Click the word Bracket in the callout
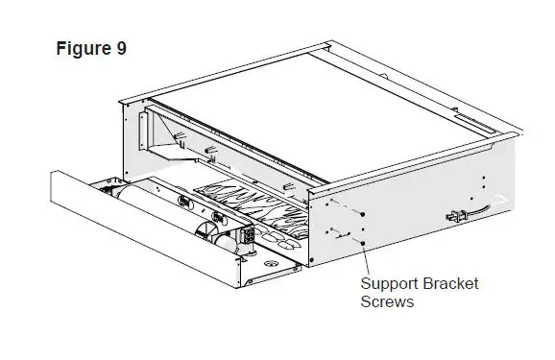tap(451, 284)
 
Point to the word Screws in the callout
tap(387, 301)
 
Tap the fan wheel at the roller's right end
tap(207, 233)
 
